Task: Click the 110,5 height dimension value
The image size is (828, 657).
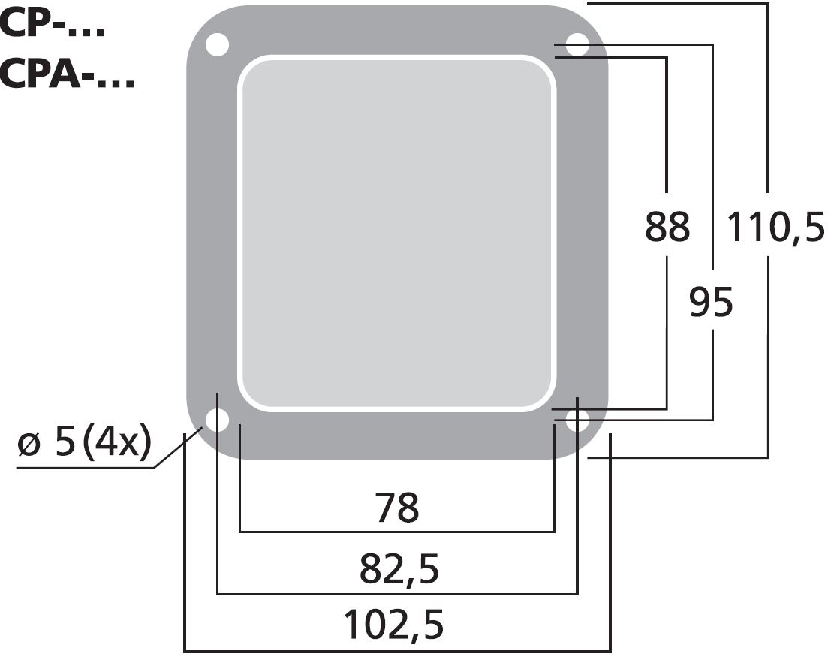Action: point(775,226)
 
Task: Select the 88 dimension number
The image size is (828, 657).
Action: point(667,227)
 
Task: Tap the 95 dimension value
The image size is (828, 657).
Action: point(712,302)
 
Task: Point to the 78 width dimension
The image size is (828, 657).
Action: point(397,507)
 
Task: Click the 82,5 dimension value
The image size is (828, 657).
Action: point(399,569)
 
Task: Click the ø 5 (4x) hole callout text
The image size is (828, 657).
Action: point(85,442)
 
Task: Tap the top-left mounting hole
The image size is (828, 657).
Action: point(217,45)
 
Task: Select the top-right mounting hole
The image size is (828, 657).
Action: point(577,45)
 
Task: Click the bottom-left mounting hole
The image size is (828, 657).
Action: point(217,420)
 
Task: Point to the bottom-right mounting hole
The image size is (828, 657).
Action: point(577,420)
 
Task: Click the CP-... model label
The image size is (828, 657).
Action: point(53,24)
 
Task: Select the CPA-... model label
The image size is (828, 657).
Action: point(67,73)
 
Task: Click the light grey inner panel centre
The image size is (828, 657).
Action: point(396,232)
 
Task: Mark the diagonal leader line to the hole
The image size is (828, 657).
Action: point(179,448)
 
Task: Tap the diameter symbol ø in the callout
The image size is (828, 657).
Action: point(30,444)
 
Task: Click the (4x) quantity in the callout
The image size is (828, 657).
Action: point(117,442)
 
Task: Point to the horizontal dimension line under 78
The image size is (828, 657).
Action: point(396,532)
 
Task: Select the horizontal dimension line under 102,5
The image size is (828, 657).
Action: point(397,652)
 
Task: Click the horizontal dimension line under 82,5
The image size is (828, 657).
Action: point(397,594)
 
